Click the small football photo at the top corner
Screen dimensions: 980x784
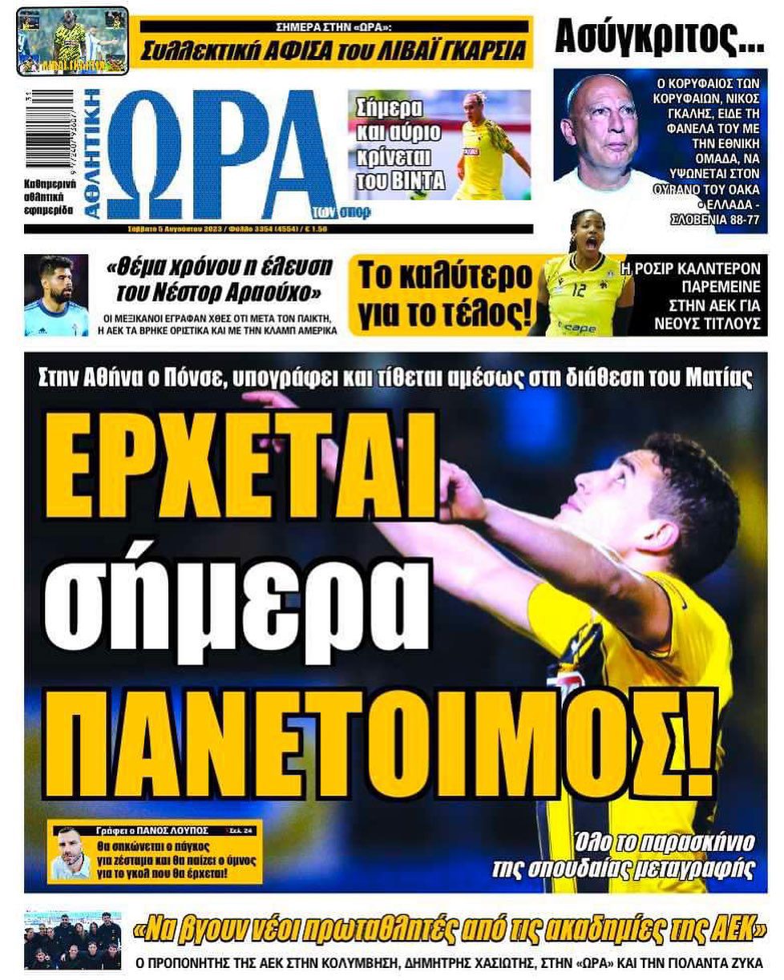tap(72, 39)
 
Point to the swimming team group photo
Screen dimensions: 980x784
tap(72, 939)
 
